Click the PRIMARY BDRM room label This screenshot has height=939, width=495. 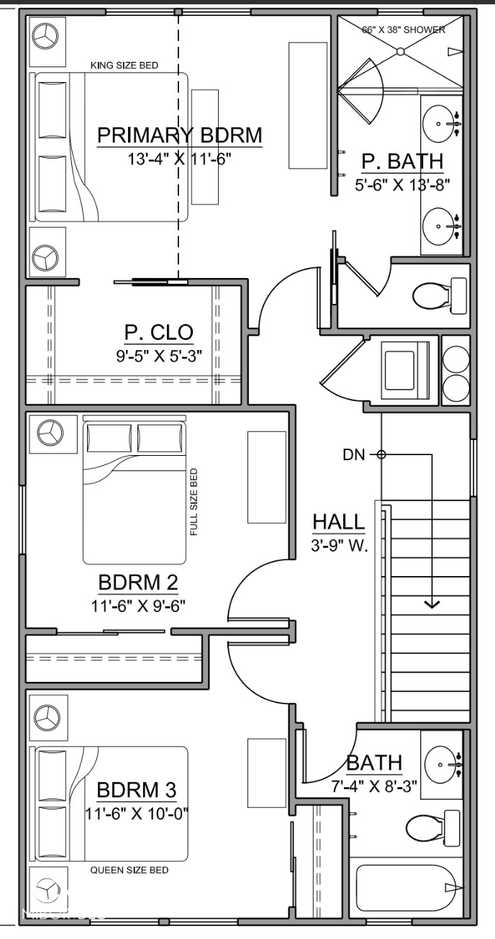tap(179, 135)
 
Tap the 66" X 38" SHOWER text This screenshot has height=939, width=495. tap(403, 30)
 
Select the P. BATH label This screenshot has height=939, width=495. tap(402, 161)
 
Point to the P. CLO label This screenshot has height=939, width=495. tap(159, 332)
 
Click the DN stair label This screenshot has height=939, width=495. tap(353, 454)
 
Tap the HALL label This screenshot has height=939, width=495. tap(338, 521)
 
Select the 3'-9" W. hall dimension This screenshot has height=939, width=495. tap(339, 546)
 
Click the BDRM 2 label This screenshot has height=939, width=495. tap(137, 582)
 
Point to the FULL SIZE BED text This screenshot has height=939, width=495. tap(194, 502)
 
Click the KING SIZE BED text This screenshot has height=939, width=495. tap(124, 66)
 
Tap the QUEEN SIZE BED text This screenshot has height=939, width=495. tap(130, 870)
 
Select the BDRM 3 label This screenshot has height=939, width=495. tap(137, 790)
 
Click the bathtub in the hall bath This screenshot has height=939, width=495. tap(407, 889)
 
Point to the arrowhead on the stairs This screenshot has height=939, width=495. tap(432, 603)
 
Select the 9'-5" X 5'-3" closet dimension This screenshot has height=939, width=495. tap(159, 355)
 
